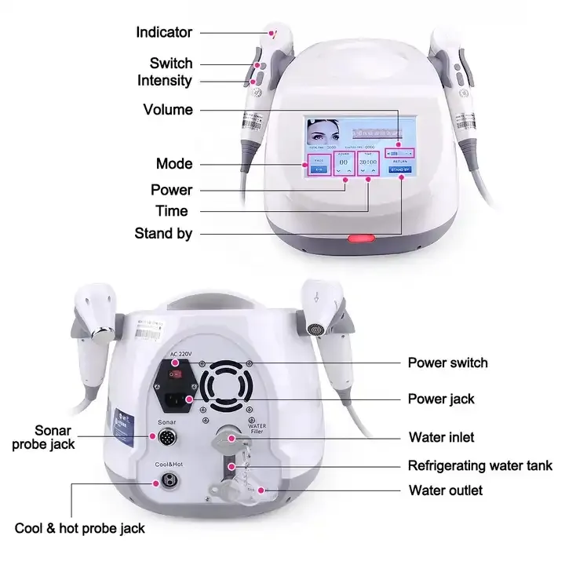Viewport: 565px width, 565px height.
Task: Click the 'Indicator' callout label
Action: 164,32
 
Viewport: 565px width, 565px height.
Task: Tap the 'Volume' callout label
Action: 168,110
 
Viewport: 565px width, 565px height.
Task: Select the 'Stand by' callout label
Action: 163,233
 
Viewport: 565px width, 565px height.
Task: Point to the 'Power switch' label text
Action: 447,363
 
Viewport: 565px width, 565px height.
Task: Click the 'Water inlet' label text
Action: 441,437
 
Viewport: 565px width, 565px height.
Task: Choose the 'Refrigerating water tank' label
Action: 479,465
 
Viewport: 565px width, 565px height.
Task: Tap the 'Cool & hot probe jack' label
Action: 80,528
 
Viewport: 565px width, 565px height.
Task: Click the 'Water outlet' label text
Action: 446,490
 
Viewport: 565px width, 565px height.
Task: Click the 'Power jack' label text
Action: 441,399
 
